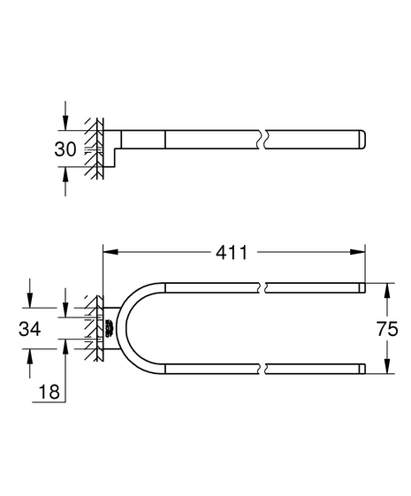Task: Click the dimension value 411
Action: tap(232, 253)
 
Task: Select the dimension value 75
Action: tap(387, 329)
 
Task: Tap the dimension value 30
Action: tap(65, 149)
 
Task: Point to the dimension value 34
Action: tap(30, 329)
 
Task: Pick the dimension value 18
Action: tap(49, 392)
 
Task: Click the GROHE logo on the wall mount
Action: tap(109, 328)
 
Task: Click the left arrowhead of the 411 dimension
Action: tap(110, 252)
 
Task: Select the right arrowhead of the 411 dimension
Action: tap(358, 252)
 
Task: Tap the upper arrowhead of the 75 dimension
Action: tap(387, 290)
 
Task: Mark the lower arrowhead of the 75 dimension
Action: tap(387, 366)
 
